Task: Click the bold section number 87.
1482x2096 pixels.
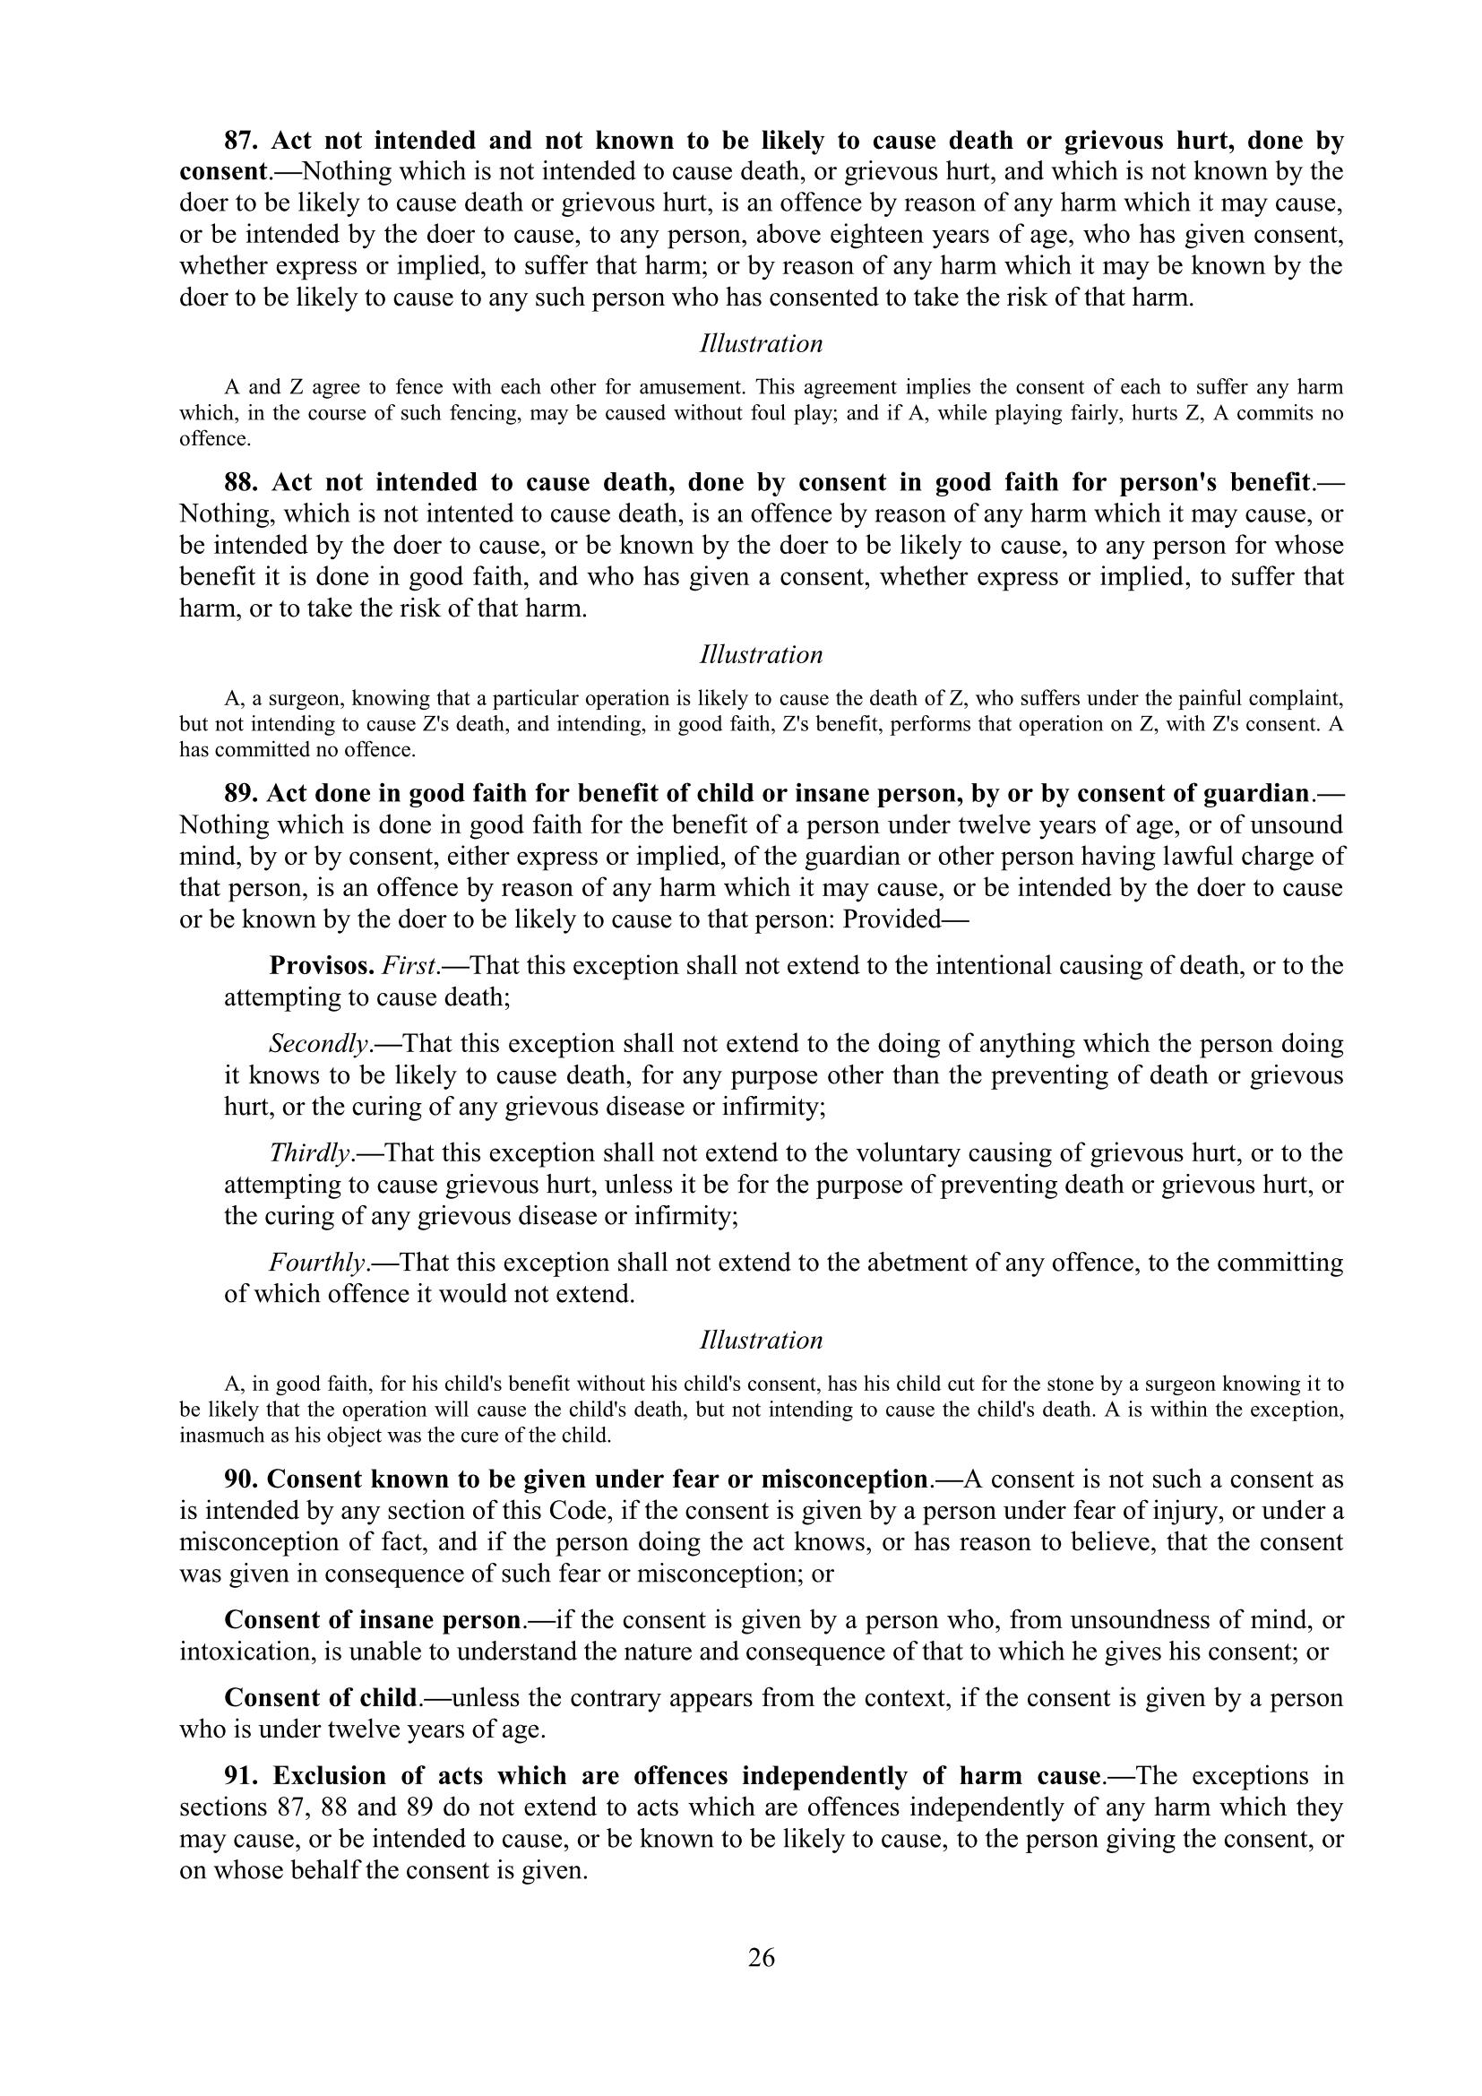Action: tap(241, 141)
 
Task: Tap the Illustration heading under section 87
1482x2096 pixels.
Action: tap(761, 343)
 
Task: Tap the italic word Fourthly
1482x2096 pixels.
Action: tap(317, 1263)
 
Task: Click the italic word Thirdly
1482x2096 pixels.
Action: tap(310, 1153)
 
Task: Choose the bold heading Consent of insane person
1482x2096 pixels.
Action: tap(373, 1620)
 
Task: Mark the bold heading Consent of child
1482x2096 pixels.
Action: tap(320, 1698)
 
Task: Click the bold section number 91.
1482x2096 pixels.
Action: tap(241, 1775)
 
